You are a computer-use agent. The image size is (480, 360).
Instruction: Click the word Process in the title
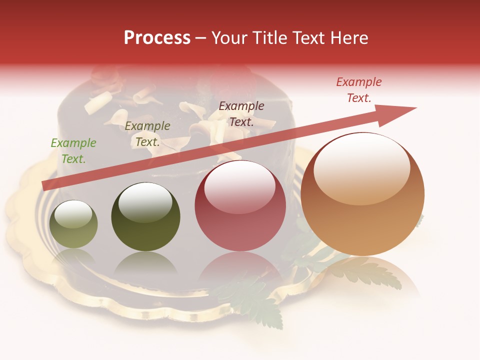[x=157, y=38]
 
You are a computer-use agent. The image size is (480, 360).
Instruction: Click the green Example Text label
[x=73, y=150]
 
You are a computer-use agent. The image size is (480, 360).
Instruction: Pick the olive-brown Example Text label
[x=147, y=133]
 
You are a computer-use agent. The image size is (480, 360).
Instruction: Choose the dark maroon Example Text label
[x=241, y=113]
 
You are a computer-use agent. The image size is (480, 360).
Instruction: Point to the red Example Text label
[x=359, y=90]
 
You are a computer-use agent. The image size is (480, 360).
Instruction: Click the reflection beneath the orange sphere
[x=362, y=272]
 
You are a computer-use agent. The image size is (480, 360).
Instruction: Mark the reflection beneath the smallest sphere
[x=74, y=257]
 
